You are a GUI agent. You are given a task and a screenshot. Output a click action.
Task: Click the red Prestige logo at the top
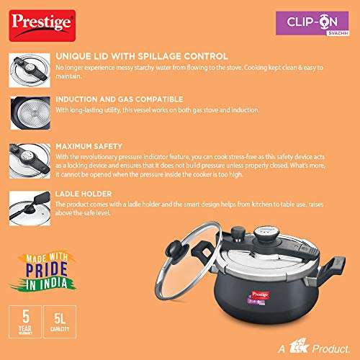[x=42, y=25]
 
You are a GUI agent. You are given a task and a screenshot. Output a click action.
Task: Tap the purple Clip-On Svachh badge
[x=312, y=23]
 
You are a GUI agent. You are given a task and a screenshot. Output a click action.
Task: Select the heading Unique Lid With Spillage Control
[x=142, y=56]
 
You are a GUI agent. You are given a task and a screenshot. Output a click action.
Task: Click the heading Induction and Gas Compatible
[x=120, y=99]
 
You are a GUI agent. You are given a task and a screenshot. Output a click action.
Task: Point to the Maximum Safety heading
[x=89, y=146]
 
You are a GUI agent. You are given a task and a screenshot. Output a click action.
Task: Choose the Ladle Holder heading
[x=84, y=194]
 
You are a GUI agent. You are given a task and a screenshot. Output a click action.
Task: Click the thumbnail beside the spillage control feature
[x=30, y=71]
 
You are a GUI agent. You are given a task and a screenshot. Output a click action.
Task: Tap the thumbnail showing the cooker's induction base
[x=30, y=113]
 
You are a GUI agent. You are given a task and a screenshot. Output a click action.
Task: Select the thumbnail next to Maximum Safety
[x=30, y=161]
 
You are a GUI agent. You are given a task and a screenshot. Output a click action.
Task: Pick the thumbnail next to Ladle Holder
[x=30, y=208]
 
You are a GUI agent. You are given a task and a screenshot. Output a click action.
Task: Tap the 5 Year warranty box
[x=25, y=322]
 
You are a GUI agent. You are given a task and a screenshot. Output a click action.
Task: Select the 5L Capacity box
[x=60, y=322]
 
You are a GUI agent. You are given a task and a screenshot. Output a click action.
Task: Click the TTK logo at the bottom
[x=298, y=346]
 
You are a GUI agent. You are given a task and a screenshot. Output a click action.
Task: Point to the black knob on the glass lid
[x=174, y=251]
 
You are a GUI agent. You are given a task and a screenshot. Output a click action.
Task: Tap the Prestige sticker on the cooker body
[x=260, y=295]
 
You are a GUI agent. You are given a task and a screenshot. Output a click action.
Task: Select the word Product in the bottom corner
[x=331, y=348]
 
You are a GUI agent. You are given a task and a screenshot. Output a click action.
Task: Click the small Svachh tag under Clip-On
[x=338, y=33]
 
